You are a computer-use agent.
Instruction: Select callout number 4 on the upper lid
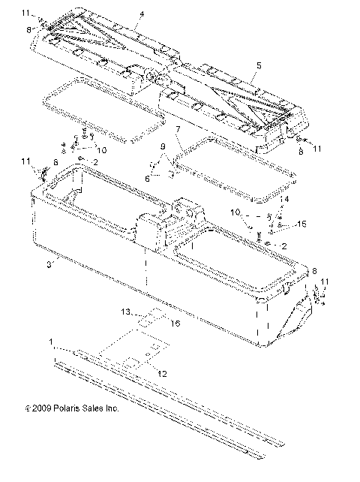tap(140, 14)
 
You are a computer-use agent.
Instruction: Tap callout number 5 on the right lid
tap(258, 66)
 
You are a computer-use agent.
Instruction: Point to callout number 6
tap(147, 178)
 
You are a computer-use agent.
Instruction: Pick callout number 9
tap(162, 146)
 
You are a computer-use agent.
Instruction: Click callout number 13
tap(127, 311)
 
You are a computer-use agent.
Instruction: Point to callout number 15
tap(302, 224)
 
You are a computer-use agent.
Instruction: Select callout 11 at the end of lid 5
tap(316, 149)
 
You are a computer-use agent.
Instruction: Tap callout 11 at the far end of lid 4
tap(27, 14)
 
